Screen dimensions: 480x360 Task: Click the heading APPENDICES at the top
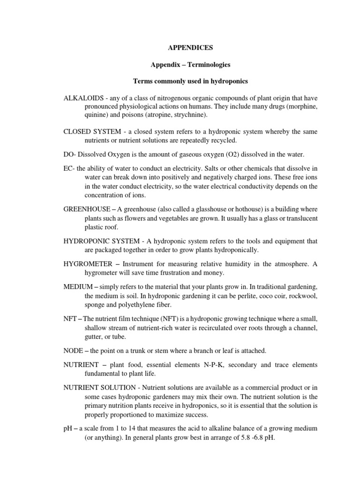[x=190, y=48]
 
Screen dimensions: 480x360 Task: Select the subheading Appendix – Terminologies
[x=190, y=65]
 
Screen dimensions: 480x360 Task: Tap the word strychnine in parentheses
[x=185, y=114]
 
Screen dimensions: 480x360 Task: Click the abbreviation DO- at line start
[x=70, y=154]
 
